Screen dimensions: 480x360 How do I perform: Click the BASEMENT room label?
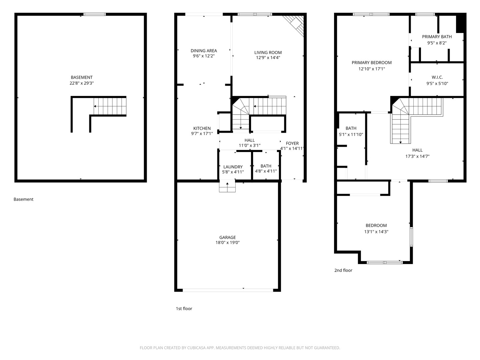[x=82, y=77]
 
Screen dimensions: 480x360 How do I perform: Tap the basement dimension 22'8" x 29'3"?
[x=82, y=83]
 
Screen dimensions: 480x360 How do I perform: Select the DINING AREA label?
[x=204, y=51]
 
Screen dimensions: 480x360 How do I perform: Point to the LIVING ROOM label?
[x=268, y=52]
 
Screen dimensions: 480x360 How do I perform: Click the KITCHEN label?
[x=202, y=128]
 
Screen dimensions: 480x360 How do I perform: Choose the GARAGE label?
[x=227, y=237]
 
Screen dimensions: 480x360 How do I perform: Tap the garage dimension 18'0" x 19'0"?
[x=227, y=242]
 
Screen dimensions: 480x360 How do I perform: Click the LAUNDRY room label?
[x=233, y=167]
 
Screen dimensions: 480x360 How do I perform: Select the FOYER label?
[x=292, y=143]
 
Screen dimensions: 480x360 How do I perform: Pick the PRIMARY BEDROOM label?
[x=372, y=63]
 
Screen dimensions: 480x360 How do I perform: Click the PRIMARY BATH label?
[x=437, y=37]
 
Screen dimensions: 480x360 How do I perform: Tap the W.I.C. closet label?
[x=437, y=77]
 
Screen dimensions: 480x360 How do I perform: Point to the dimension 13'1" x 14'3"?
[x=376, y=232]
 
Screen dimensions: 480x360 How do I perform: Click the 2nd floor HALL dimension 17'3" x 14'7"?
[x=417, y=156]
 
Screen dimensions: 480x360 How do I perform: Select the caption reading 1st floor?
[x=184, y=309]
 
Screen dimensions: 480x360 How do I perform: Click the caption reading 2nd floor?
[x=343, y=270]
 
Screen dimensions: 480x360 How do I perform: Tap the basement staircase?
[x=110, y=106]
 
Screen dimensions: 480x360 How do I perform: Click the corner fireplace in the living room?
[x=293, y=26]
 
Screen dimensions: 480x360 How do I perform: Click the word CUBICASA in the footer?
[x=196, y=348]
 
